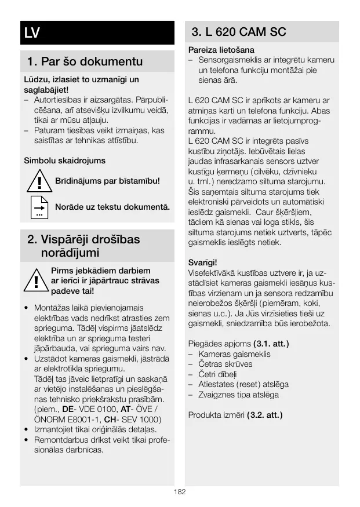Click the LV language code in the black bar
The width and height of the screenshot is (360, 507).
coord(32,33)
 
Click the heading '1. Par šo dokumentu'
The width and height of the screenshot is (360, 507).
coord(85,61)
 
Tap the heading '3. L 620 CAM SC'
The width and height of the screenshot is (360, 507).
coord(239,32)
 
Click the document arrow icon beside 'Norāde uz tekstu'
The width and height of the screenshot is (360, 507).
coord(39,207)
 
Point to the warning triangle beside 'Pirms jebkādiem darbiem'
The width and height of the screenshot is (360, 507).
coord(36,280)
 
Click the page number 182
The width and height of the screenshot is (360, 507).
coord(180,492)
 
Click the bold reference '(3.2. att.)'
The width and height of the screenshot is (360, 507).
coord(264,415)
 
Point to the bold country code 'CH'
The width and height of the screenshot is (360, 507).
coord(110,420)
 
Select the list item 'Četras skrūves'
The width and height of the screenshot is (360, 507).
coord(225,364)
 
